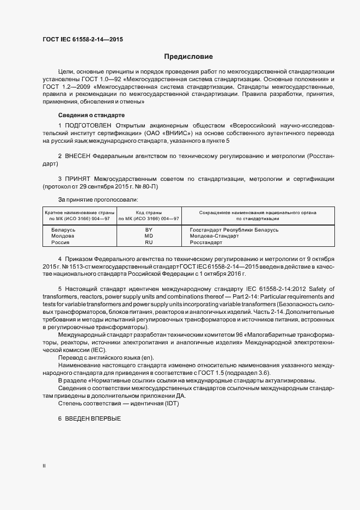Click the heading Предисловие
click(188, 56)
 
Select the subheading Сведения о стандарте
click(91, 116)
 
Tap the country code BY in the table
click(149, 230)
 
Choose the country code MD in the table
click(149, 236)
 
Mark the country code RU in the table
click(149, 242)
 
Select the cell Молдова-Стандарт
click(214, 236)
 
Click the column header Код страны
click(149, 212)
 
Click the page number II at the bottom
click(44, 466)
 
